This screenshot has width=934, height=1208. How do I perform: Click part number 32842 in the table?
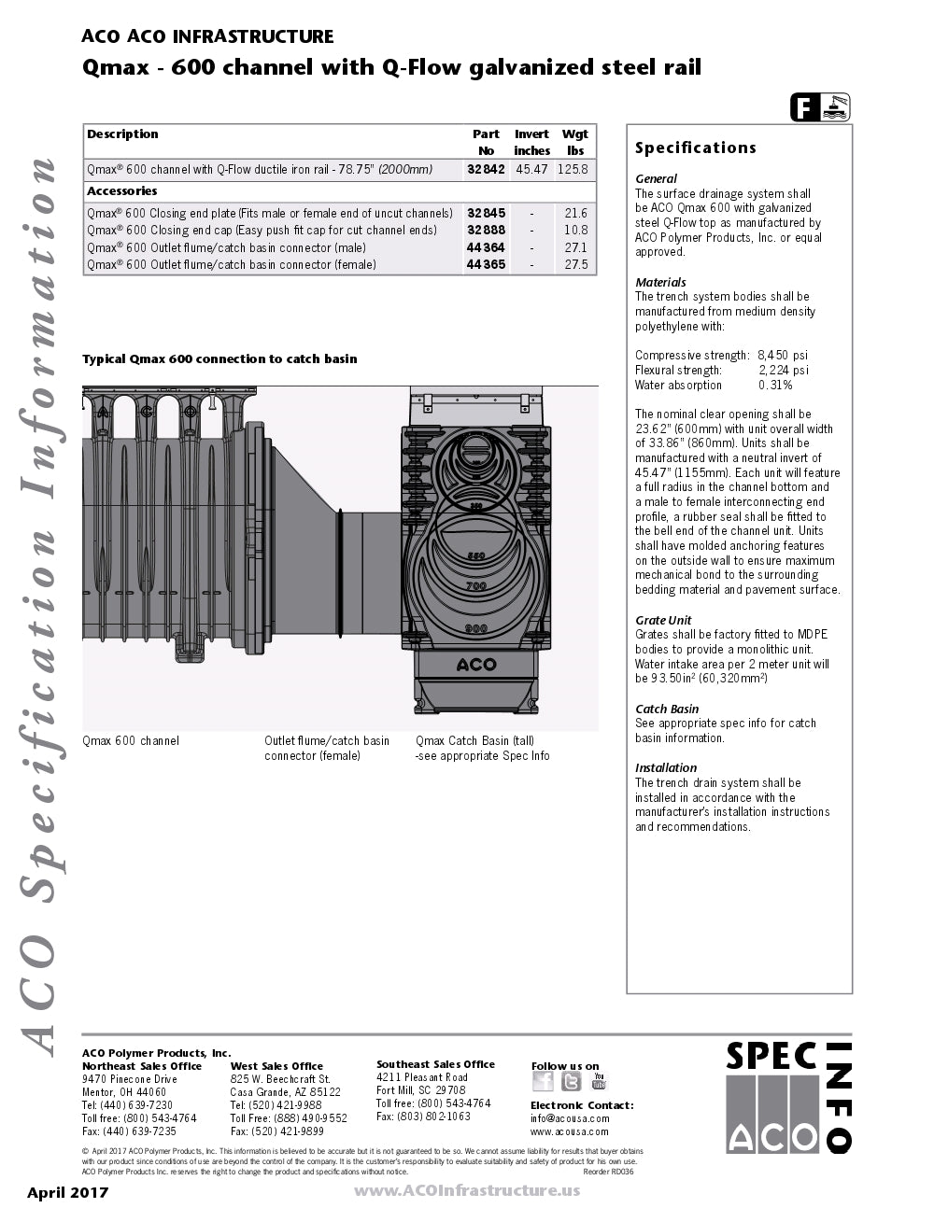486,169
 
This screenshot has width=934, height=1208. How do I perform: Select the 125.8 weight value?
573,169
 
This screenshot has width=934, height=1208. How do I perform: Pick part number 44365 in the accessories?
486,264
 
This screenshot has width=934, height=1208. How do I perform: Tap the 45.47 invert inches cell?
531,169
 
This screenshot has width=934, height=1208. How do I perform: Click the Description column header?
122,134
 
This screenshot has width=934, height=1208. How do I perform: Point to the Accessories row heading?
122,191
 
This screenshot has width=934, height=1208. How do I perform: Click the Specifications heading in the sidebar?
695,147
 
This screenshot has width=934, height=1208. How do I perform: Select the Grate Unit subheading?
663,620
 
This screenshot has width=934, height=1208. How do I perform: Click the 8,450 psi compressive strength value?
783,355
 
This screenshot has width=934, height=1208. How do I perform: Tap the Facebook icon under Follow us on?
543,1081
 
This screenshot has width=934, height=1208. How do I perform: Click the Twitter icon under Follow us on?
571,1081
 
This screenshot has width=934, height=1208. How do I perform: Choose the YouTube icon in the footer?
599,1081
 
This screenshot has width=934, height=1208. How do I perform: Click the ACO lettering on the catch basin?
476,665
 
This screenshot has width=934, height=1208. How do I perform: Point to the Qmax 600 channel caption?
131,740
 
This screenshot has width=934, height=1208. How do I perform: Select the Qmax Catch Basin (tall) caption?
474,740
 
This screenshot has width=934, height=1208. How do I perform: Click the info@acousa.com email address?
570,1118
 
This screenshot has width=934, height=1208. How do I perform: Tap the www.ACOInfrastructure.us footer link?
466,1190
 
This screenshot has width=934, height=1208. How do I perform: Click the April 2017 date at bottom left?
67,1192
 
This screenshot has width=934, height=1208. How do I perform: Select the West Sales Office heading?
276,1066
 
